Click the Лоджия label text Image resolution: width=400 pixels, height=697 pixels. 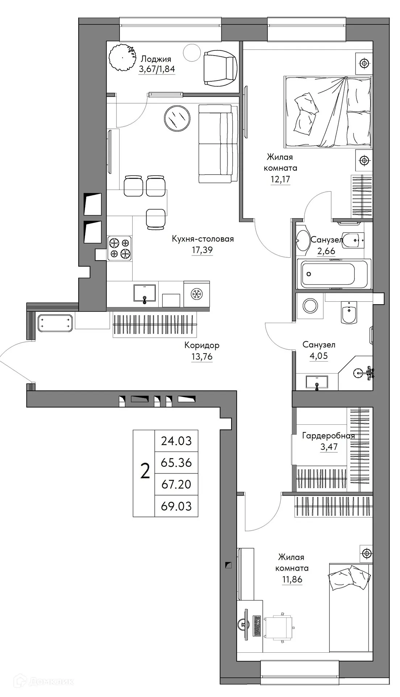(156, 59)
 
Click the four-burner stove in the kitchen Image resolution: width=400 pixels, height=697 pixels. (120, 248)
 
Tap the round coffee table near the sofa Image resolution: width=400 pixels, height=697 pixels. (177, 118)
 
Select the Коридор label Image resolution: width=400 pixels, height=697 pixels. (202, 345)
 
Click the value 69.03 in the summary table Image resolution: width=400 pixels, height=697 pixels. (176, 506)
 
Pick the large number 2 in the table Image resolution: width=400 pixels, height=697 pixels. (145, 472)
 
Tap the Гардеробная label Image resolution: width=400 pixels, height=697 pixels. (328, 436)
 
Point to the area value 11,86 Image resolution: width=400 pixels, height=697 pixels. (292, 579)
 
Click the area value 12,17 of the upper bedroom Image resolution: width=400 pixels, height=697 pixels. (280, 179)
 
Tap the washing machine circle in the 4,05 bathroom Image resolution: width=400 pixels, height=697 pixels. (310, 306)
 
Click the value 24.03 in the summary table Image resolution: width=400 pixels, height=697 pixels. (176, 441)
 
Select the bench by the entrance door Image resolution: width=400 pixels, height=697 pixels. (55, 323)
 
